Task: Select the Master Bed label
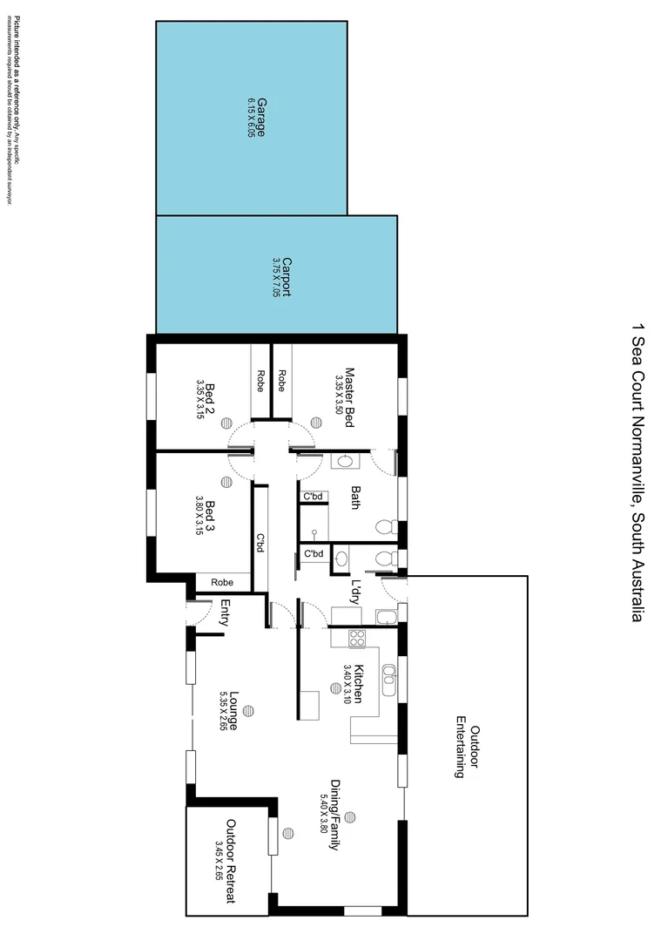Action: (x=349, y=396)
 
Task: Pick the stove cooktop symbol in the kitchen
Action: (x=356, y=638)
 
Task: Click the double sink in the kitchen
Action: (x=388, y=680)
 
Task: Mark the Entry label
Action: (x=225, y=613)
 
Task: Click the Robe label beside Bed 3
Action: (x=222, y=582)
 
